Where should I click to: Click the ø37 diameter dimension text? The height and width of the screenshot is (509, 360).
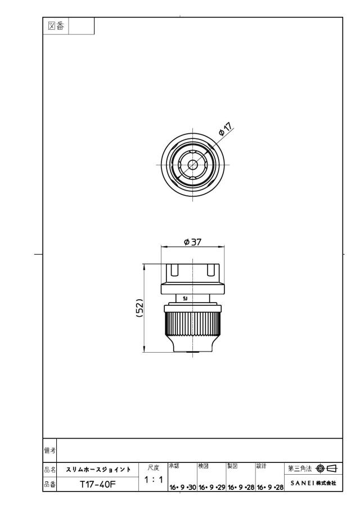point(193,242)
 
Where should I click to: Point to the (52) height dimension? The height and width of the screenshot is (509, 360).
point(140,308)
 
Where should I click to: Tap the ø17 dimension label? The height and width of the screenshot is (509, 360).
point(226,129)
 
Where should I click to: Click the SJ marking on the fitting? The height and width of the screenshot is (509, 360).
point(185,298)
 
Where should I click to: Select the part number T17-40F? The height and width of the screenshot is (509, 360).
point(98,484)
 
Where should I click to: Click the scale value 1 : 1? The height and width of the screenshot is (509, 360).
point(154,479)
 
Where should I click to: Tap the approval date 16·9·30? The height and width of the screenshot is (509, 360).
point(183,487)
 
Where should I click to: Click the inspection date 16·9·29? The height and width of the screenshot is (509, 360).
point(212,487)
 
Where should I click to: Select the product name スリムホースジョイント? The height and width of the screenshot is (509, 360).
point(98,470)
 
